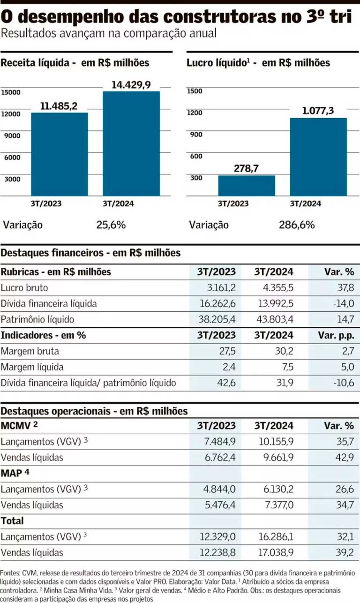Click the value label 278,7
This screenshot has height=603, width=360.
click(247, 168)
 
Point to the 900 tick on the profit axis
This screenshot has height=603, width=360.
click(196, 135)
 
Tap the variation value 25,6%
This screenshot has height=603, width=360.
click(111, 225)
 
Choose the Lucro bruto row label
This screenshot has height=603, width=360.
click(24, 288)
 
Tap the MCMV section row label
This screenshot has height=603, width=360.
click(16, 426)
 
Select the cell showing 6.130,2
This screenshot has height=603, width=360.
click(276, 489)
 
